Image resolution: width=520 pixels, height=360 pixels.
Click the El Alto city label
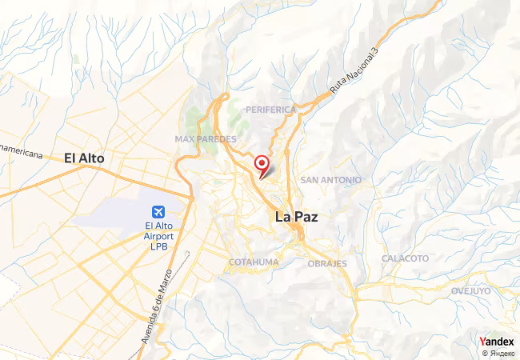[84, 158]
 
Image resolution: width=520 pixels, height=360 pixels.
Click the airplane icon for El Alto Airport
[158, 212]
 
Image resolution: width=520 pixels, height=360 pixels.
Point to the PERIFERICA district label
[271, 109]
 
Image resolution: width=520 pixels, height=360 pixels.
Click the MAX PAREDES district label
[206, 138]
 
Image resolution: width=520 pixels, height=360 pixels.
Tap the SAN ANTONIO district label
[330, 180]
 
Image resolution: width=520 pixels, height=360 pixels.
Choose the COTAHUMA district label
[254, 262]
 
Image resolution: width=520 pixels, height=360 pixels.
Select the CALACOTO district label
[405, 258]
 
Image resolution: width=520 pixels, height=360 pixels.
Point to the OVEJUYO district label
[470, 290]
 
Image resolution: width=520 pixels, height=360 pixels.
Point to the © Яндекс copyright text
[498, 352]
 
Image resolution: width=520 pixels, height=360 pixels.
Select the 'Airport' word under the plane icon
[158, 238]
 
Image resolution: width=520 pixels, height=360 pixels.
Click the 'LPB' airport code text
[158, 248]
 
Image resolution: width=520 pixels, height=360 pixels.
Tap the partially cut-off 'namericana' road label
[21, 152]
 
